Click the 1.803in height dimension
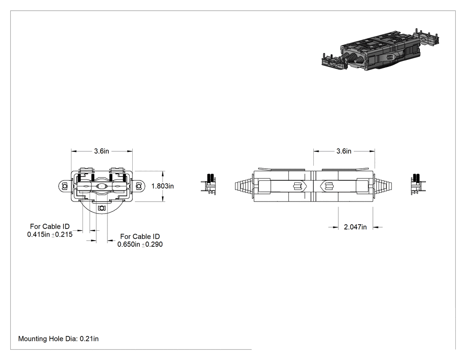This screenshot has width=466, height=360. coord(162,186)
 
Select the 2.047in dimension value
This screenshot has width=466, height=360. coord(355,227)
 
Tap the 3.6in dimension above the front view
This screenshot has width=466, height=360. coord(102,151)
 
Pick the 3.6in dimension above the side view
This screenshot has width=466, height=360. coord(344,151)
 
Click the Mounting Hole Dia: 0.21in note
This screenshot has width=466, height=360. coord(58,339)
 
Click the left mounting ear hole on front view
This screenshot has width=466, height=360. coord(64,186)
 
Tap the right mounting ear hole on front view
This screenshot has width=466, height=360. coord(138,186)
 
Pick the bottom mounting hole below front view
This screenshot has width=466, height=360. coord(102,208)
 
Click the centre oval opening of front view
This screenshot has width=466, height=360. coord(102,186)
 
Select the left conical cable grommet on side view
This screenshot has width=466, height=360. coord(244,186)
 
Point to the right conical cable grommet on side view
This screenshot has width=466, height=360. coord(384,186)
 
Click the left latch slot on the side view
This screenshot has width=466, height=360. coord(297,186)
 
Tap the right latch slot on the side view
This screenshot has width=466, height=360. coord(328,186)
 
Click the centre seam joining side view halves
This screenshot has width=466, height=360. coord(313,186)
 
